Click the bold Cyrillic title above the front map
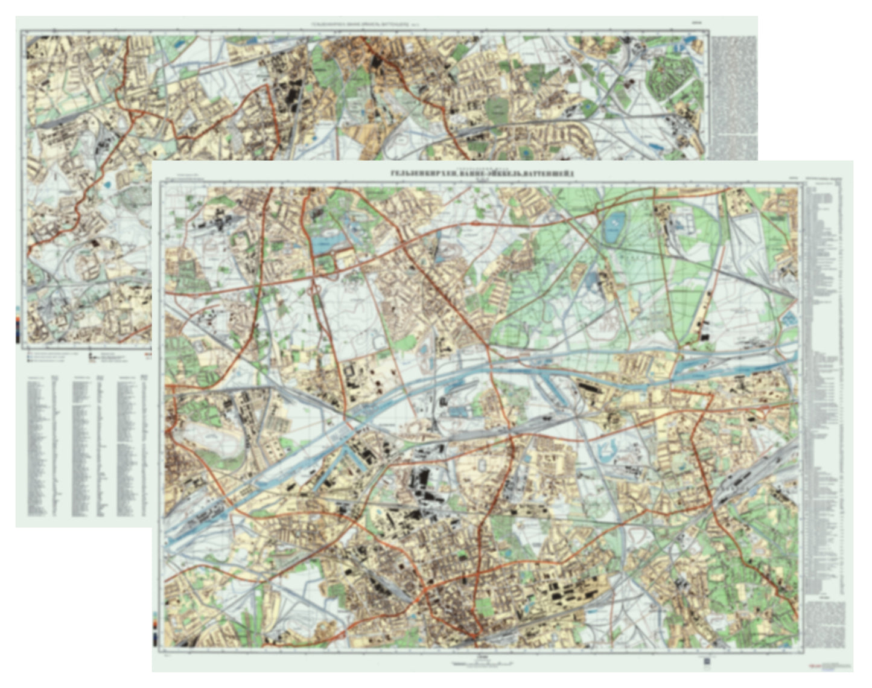[x=482, y=174]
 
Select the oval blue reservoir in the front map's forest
[x=613, y=228]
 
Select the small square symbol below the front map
[x=707, y=661]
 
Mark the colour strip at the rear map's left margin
[x=18, y=326]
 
